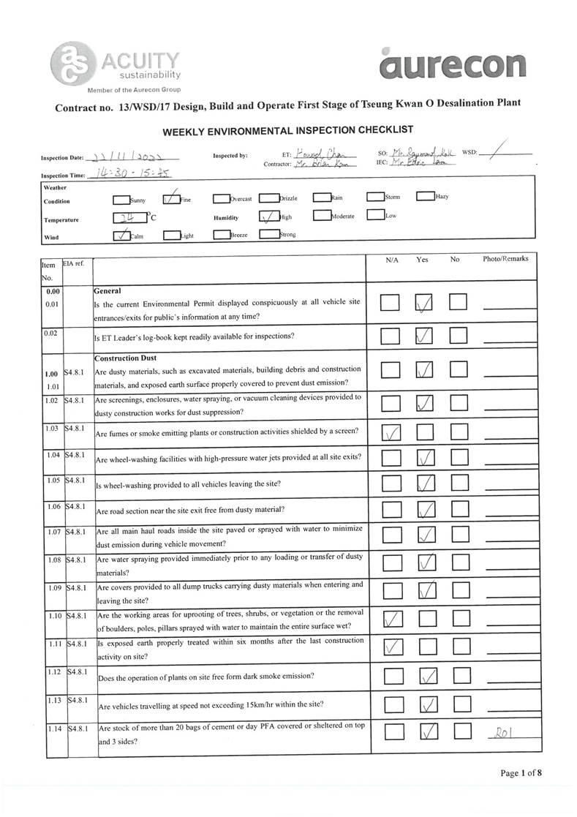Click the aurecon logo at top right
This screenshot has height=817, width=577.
(x=453, y=64)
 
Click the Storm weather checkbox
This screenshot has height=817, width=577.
(x=374, y=197)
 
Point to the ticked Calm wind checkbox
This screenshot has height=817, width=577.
(x=121, y=235)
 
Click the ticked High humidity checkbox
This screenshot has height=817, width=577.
(x=268, y=217)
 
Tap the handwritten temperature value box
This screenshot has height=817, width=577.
(x=124, y=217)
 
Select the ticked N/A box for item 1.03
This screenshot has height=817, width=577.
(x=391, y=434)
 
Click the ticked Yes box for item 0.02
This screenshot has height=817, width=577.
(x=425, y=336)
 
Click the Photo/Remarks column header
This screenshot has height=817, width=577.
(x=505, y=259)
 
